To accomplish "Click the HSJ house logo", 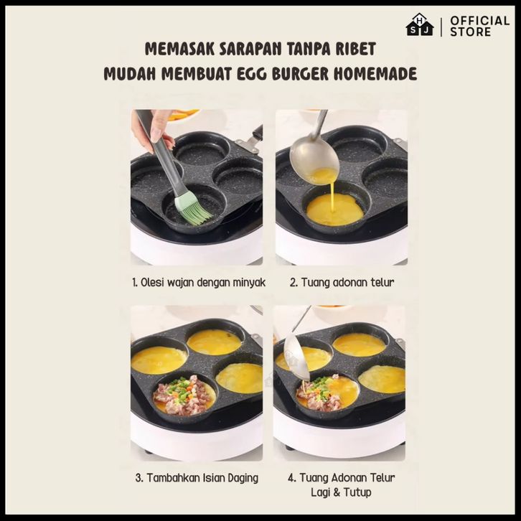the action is (420, 24).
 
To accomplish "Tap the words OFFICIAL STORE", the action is (479, 27).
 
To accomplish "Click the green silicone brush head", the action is (193, 210).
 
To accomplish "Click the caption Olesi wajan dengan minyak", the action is (199, 283).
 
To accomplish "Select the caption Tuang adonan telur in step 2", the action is (342, 283).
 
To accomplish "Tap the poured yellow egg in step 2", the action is (334, 210).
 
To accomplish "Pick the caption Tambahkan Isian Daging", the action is (197, 478).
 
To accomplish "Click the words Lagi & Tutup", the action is (341, 492).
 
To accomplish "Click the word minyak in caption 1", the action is (249, 283).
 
